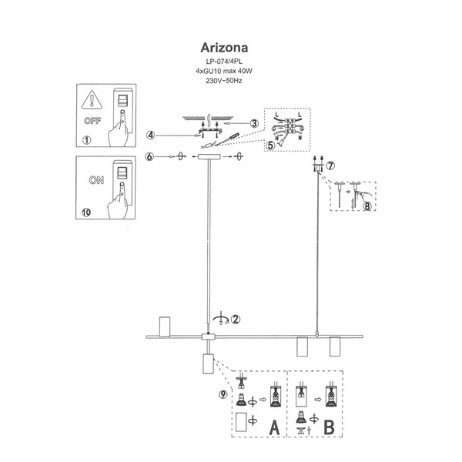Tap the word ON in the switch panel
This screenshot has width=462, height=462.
tap(96, 181)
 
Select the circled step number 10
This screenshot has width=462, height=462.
tap(87, 210)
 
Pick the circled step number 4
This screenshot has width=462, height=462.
tap(152, 136)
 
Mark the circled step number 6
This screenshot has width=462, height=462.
tap(152, 157)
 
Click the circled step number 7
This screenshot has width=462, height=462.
tap(330, 166)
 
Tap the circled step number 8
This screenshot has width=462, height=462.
tap(367, 206)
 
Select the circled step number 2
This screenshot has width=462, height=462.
tap(236, 318)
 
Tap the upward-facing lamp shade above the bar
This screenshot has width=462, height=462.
tap(163, 326)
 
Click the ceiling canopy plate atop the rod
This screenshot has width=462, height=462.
tap(208, 158)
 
